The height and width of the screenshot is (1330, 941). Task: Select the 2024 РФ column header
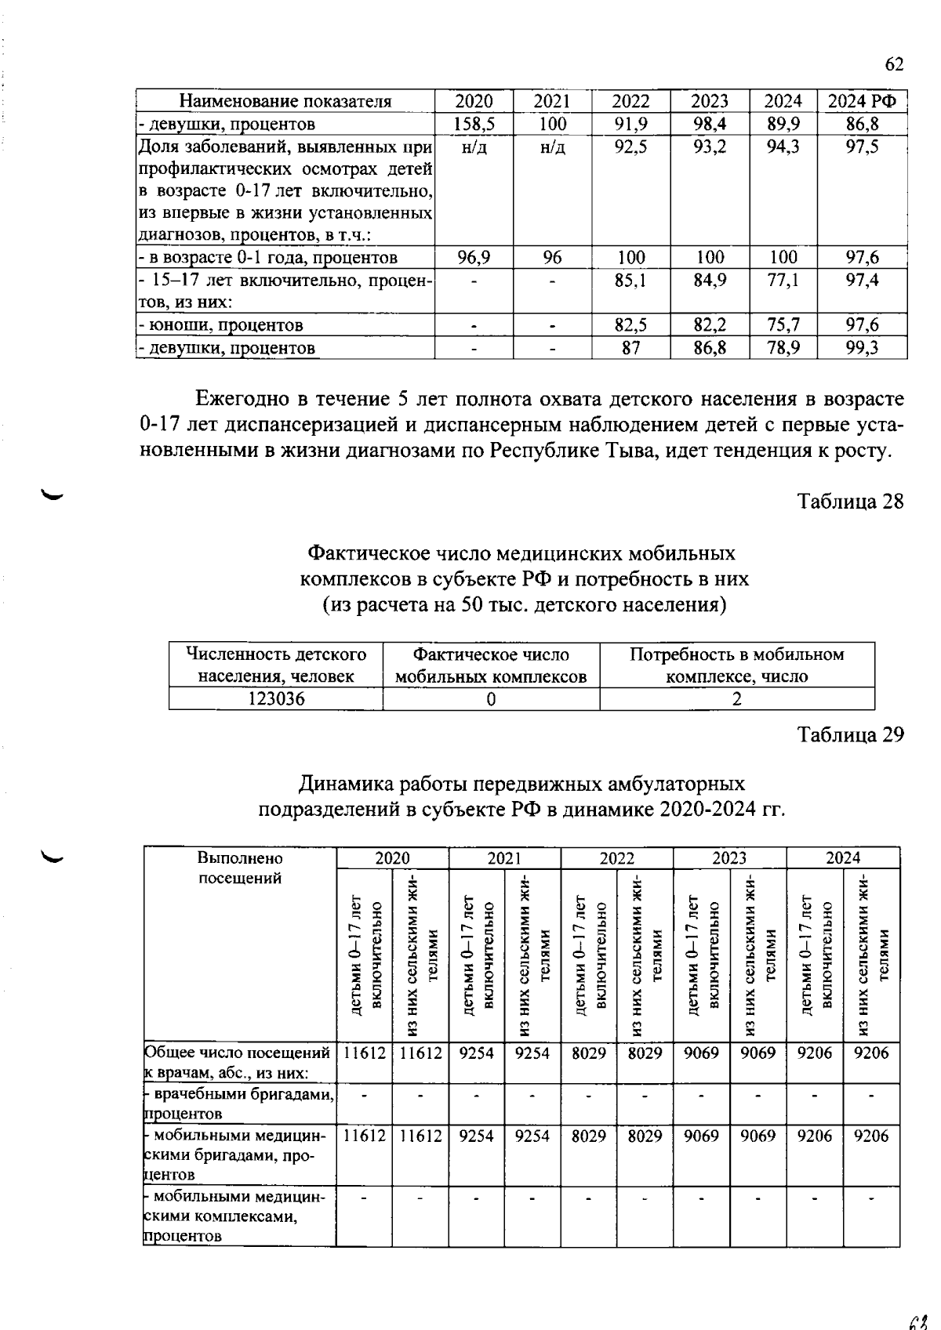[x=863, y=101]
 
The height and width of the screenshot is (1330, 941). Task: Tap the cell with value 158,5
[x=474, y=124]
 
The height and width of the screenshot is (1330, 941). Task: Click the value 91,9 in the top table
[x=630, y=124]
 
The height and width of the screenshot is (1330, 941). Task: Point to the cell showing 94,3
[x=783, y=147]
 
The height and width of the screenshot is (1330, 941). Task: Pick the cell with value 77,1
[x=783, y=281]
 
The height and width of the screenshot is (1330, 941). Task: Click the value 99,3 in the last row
[x=862, y=348]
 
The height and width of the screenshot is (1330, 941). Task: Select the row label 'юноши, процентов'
[x=220, y=325]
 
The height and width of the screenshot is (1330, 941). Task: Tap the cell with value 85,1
[x=630, y=281]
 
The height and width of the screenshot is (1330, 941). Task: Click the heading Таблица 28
[x=851, y=502]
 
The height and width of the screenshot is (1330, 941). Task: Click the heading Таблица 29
[x=851, y=734]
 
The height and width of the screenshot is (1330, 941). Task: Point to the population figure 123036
[x=276, y=699]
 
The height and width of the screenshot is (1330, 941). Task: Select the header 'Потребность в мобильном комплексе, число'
[x=736, y=665]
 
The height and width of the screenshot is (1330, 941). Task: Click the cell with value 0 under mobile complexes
[x=491, y=699]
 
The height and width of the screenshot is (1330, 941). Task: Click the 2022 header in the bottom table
[x=616, y=857]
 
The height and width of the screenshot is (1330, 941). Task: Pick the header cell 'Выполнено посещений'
[x=239, y=868]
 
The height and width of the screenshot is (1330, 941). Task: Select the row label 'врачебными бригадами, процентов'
[x=239, y=1103]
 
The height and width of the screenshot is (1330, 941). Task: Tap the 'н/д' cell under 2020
[x=474, y=147]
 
